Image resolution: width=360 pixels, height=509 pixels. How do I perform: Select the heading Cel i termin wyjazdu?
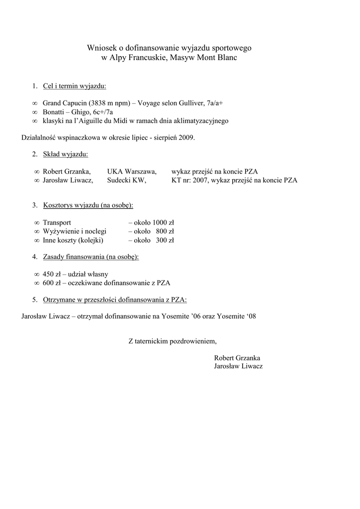tap(75, 86)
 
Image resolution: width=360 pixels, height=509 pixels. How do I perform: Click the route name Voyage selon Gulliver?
tap(171, 103)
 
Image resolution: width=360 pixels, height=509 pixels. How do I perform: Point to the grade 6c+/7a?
tap(103, 112)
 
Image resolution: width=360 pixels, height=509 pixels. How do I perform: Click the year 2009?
tap(186, 137)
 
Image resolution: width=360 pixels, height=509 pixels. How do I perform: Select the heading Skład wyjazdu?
tap(66, 154)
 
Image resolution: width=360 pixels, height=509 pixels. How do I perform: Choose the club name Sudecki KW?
tap(127, 180)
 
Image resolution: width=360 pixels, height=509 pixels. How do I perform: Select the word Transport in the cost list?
tap(57, 222)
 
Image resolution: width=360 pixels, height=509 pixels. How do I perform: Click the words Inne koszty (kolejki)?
tap(73, 240)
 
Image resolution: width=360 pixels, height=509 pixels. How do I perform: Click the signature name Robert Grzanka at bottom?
tap(237, 357)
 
